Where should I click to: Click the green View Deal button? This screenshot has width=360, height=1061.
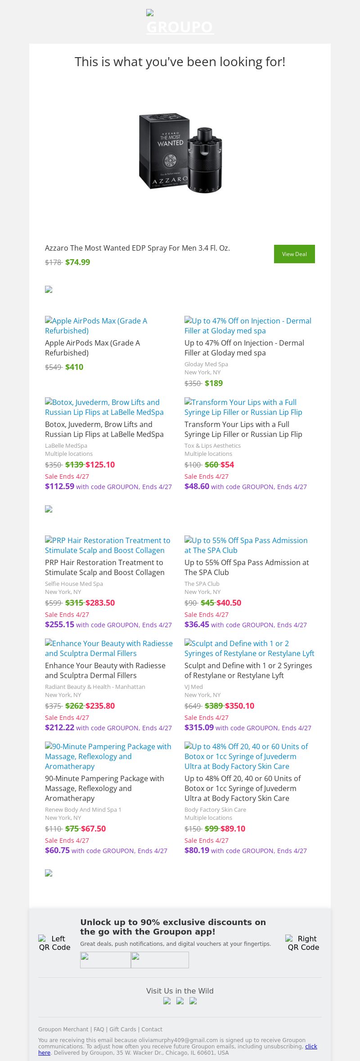[x=294, y=254]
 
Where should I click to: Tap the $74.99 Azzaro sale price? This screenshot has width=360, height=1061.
[x=77, y=262]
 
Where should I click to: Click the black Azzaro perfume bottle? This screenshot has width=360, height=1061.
[x=205, y=160]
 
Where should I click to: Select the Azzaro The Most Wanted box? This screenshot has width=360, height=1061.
[x=164, y=151]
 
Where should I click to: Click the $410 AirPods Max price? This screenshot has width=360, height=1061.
[x=74, y=367]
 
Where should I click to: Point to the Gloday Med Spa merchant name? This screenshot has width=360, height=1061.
[x=206, y=364]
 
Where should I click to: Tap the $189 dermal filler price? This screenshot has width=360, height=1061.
[x=214, y=383]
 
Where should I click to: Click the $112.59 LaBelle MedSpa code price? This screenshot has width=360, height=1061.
[x=59, y=486]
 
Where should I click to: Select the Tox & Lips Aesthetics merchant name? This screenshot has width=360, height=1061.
[x=212, y=445]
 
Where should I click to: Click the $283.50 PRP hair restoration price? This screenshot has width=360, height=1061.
[x=100, y=603]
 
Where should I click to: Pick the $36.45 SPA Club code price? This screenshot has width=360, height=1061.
[x=197, y=625]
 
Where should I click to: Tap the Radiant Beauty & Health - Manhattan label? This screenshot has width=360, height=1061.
[x=95, y=687]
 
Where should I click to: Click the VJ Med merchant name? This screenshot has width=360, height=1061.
[x=193, y=687]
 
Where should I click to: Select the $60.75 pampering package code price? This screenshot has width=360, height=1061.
[x=57, y=850]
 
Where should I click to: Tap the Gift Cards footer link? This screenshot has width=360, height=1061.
[x=122, y=1029]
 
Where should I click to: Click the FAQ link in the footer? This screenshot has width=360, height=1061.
[x=99, y=1029]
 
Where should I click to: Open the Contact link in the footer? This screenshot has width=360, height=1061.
[x=152, y=1029]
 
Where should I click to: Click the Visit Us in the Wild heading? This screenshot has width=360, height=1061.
[x=180, y=991]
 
